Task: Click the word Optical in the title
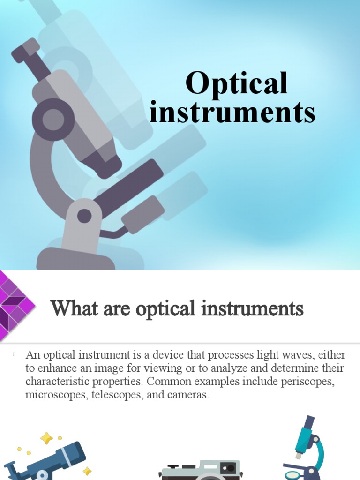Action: [x=236, y=83]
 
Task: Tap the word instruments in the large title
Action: [x=232, y=113]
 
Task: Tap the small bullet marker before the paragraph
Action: [x=15, y=353]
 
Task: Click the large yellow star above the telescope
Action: [x=46, y=438]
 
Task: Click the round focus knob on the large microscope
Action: [x=53, y=119]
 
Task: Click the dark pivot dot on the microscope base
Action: [x=84, y=216]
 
